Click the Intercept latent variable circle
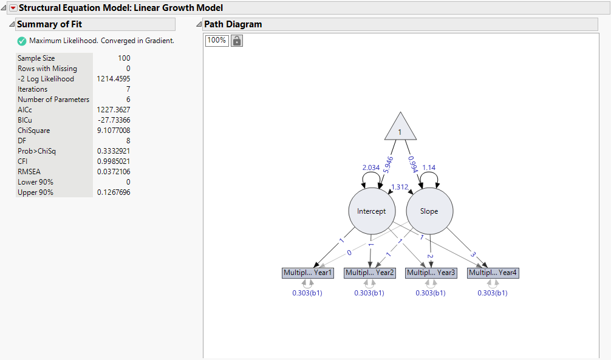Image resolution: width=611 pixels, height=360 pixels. click(x=372, y=211)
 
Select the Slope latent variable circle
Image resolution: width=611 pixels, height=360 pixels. click(x=429, y=211)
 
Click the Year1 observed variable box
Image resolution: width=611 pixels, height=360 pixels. click(x=308, y=273)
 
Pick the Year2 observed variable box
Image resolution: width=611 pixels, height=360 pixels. click(x=370, y=273)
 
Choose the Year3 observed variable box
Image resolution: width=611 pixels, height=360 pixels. click(x=431, y=273)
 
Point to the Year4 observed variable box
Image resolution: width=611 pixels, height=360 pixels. click(x=493, y=273)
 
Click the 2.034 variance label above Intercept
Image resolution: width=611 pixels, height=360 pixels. click(x=371, y=168)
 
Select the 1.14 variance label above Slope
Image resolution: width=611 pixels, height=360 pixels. click(x=429, y=168)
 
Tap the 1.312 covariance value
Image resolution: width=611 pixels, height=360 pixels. click(x=400, y=187)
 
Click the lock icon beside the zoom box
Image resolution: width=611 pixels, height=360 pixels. click(x=237, y=41)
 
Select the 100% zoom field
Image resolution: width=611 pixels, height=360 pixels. click(x=216, y=41)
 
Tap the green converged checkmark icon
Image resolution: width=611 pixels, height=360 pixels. click(x=22, y=41)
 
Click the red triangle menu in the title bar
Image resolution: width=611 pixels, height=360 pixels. click(x=13, y=8)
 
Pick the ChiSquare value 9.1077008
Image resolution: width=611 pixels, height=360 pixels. click(x=113, y=131)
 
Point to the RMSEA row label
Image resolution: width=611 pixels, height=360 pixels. click(x=29, y=172)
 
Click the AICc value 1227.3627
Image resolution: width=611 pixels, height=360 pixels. click(x=113, y=110)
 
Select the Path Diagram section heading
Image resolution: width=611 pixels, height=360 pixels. click(x=233, y=24)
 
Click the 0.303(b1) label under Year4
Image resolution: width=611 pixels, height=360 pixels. click(x=493, y=293)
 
